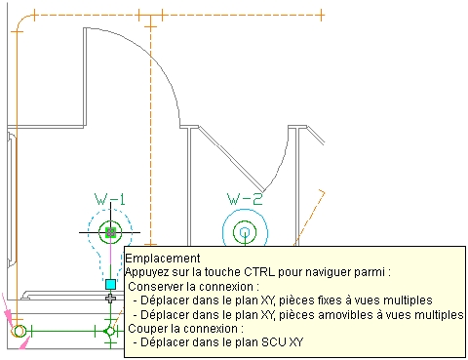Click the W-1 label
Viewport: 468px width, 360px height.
pos(110,199)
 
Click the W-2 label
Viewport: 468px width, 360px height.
pos(245,199)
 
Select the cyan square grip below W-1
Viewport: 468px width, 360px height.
pos(111,284)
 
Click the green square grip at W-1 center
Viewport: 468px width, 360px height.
pos(111,232)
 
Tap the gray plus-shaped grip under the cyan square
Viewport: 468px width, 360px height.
pos(111,298)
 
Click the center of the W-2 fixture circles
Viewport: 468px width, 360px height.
pos(245,232)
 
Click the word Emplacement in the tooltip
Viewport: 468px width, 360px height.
pos(163,259)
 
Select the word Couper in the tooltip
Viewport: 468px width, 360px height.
pos(146,329)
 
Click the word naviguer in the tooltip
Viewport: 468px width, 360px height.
pos(329,272)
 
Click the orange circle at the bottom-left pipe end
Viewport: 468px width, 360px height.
pos(19,331)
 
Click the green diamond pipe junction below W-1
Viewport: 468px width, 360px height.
pos(110,331)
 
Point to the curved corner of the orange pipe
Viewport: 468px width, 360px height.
pos(22,20)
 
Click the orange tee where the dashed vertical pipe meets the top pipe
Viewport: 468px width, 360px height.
pos(150,15)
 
